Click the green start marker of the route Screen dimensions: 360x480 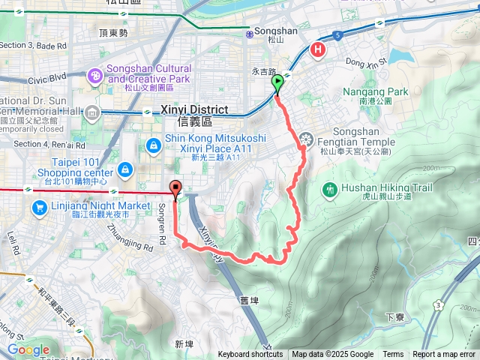click(278, 83)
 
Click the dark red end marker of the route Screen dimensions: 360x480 click(176, 189)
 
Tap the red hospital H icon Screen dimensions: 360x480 click(318, 50)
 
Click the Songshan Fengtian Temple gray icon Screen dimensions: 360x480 click(305, 138)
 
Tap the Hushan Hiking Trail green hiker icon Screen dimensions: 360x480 click(330, 189)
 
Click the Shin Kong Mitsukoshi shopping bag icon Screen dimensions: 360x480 click(153, 143)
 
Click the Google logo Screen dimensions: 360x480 click(28, 349)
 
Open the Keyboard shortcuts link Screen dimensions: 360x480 click(251, 355)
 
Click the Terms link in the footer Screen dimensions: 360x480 click(393, 355)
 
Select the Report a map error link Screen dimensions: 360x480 click(444, 355)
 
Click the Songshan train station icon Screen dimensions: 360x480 click(249, 33)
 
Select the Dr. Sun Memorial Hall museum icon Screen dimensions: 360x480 click(92, 113)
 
